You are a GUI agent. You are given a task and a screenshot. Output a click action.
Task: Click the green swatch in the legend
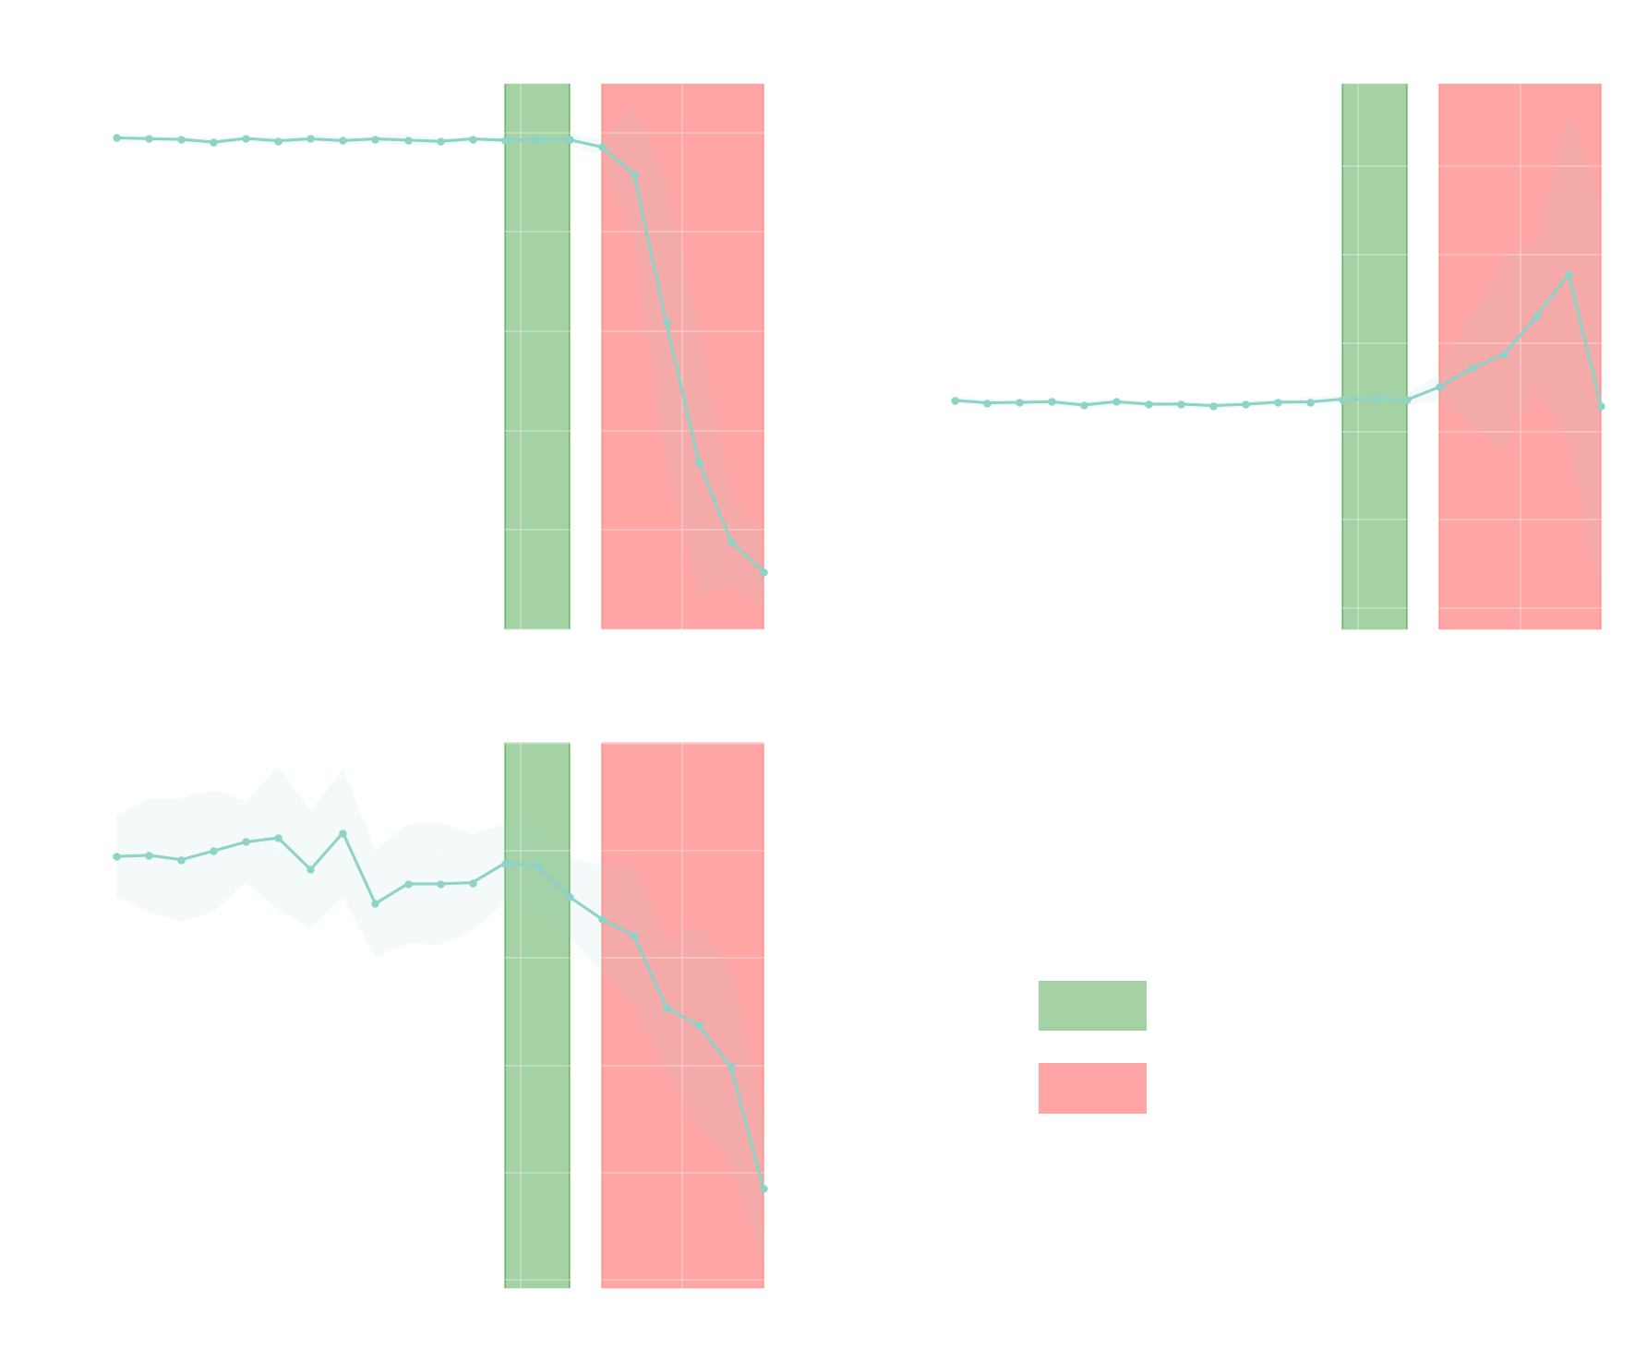[x=1091, y=1006]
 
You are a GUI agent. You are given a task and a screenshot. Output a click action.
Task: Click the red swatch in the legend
[x=1091, y=1088]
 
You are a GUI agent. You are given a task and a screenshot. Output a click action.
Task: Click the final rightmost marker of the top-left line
[x=763, y=572]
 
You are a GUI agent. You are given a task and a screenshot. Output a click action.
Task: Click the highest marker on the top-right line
[x=1569, y=274]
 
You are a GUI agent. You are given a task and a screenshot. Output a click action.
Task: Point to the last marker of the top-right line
[x=1601, y=406]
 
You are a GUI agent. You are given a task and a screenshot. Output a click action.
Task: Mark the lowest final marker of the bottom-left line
[x=763, y=1188]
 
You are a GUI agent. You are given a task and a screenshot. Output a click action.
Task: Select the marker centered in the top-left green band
[x=537, y=139]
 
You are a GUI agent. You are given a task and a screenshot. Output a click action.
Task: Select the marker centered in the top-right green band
[x=1375, y=399]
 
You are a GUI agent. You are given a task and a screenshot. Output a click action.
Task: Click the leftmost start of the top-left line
[x=116, y=137]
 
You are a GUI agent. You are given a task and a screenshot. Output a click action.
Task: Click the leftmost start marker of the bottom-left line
[x=116, y=856]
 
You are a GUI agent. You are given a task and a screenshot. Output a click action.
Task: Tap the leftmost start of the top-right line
[x=955, y=400]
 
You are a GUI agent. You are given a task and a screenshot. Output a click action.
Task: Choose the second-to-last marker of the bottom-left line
[x=731, y=1067]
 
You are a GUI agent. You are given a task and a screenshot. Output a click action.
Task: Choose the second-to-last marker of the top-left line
[x=731, y=542]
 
